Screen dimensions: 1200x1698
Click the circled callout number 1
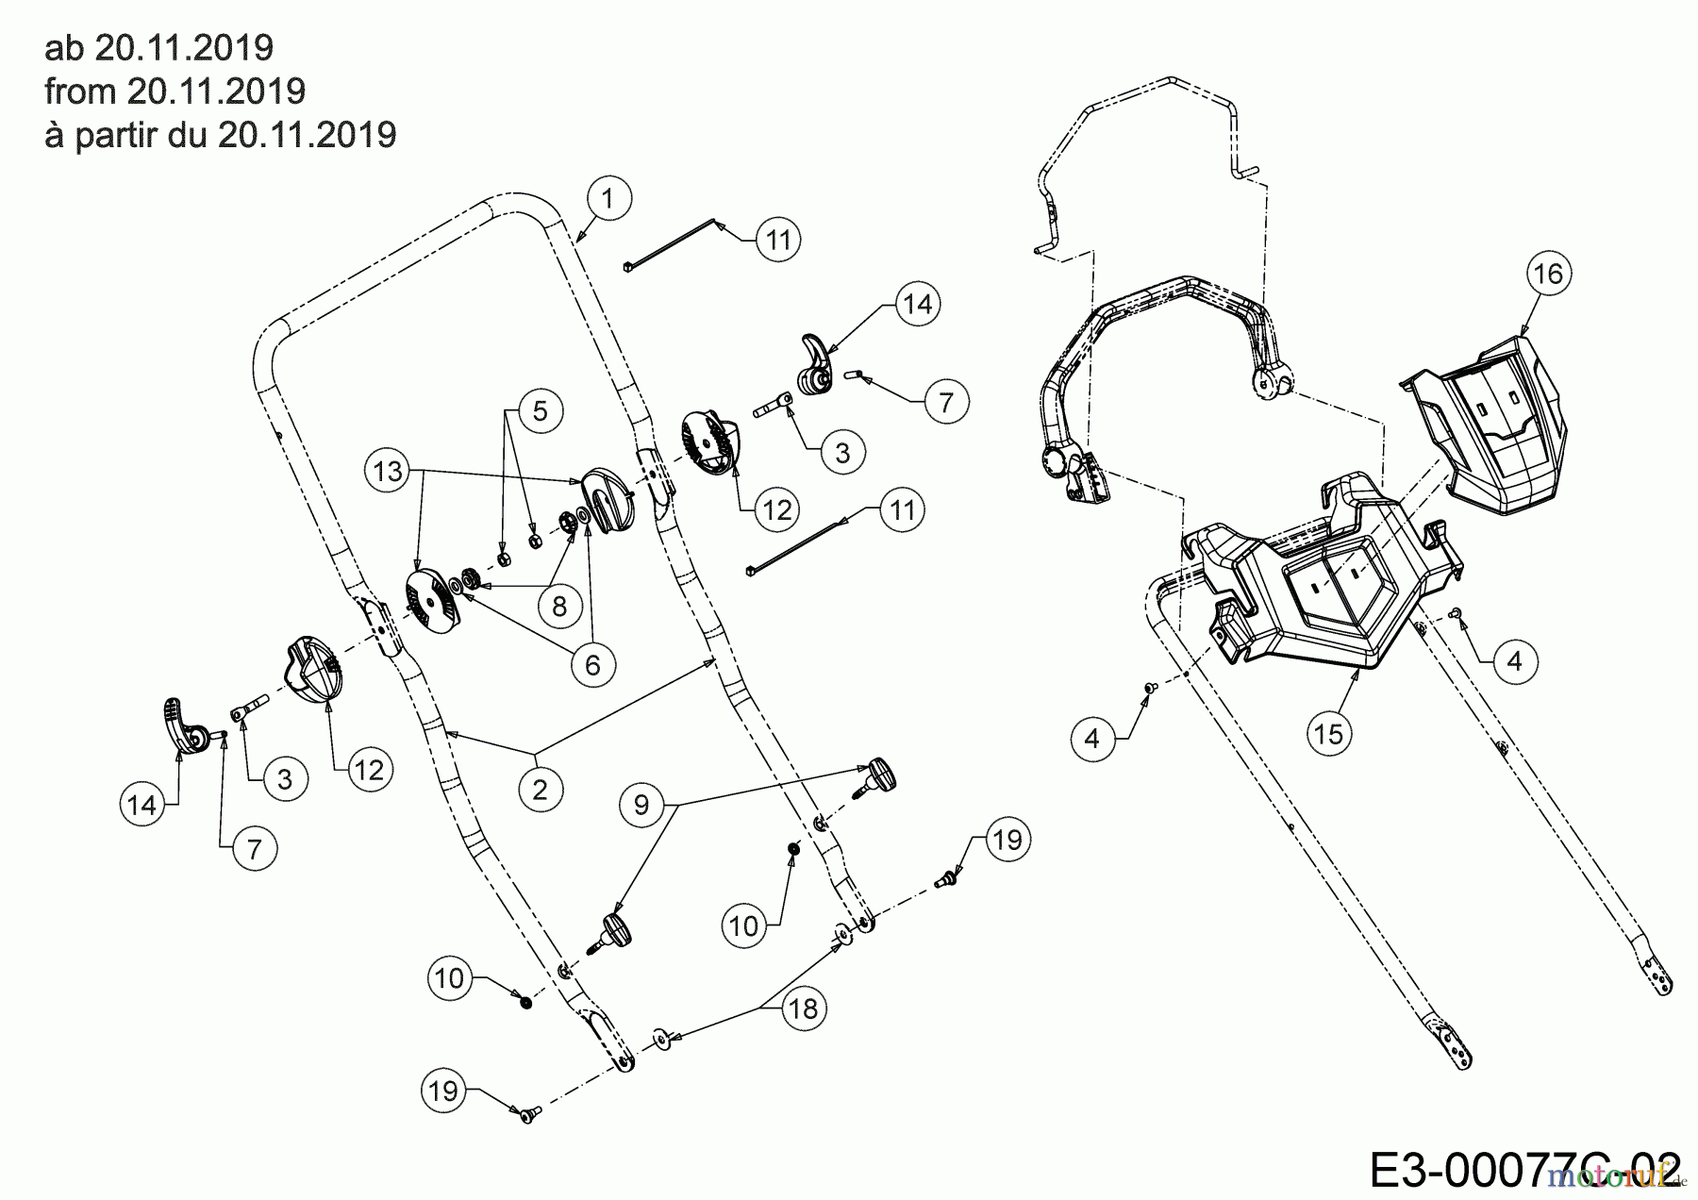click(608, 198)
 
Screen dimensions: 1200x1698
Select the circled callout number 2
click(540, 788)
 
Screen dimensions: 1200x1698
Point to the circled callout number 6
click(592, 664)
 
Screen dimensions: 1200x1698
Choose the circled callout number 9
click(641, 804)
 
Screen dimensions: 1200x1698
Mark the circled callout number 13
click(388, 471)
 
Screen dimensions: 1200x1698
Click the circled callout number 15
click(1328, 732)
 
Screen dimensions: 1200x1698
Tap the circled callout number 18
click(803, 1008)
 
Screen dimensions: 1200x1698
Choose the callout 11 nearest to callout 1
click(777, 240)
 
